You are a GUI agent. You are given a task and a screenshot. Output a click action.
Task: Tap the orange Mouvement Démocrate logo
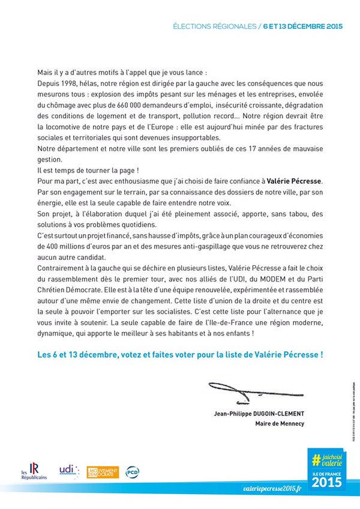[x=103, y=472]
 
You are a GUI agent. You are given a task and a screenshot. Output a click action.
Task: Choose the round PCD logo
[x=132, y=472]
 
